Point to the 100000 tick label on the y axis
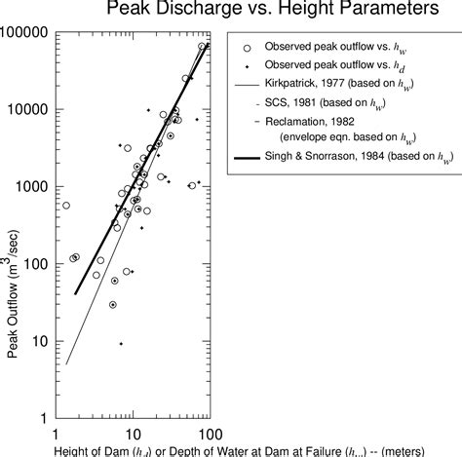(x=26, y=32)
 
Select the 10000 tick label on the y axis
(x=29, y=109)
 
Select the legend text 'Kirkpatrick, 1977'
(x=312, y=86)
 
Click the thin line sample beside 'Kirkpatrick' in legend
(x=248, y=86)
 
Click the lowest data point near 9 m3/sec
(x=121, y=343)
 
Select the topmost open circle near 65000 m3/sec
(x=202, y=46)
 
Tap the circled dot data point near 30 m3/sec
(x=113, y=304)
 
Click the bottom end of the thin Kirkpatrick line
(x=66, y=363)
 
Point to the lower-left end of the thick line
(x=75, y=293)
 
